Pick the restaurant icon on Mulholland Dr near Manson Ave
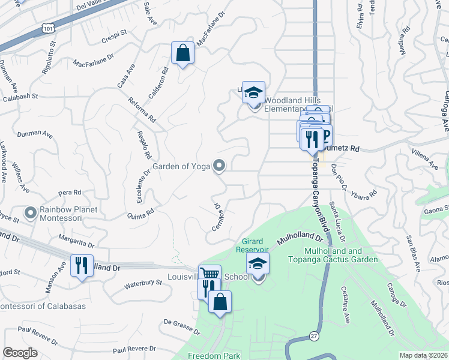[82, 265]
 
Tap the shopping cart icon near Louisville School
[209, 275]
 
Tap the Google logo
[20, 353]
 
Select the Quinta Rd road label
[141, 213]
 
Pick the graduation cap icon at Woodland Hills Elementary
[254, 92]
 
